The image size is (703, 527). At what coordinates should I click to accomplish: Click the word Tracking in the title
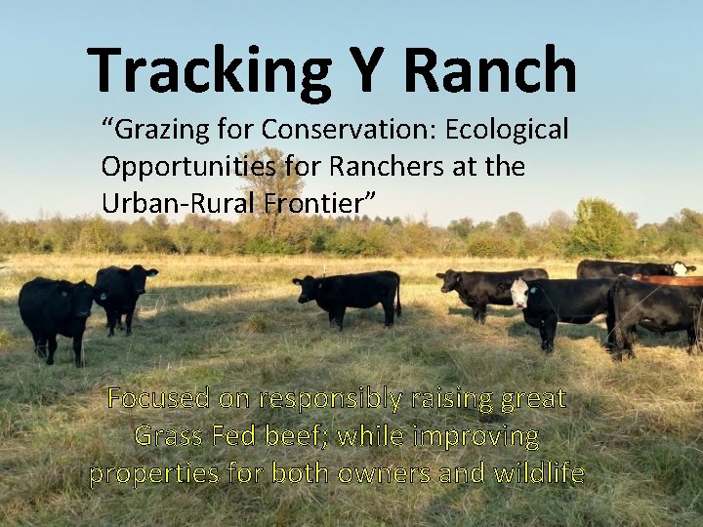[208, 70]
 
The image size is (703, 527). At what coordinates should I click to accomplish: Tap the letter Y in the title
[364, 70]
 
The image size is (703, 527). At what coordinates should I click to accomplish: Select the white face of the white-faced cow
[520, 292]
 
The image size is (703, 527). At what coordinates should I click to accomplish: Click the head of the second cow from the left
[143, 277]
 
